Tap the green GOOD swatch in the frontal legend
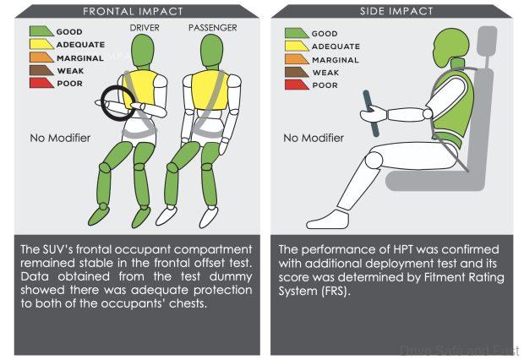click(41, 31)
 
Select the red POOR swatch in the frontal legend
click(41, 83)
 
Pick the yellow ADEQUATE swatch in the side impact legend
click(295, 46)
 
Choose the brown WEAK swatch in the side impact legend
click(295, 72)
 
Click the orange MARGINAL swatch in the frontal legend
click(41, 57)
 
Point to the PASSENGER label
click(213, 28)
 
